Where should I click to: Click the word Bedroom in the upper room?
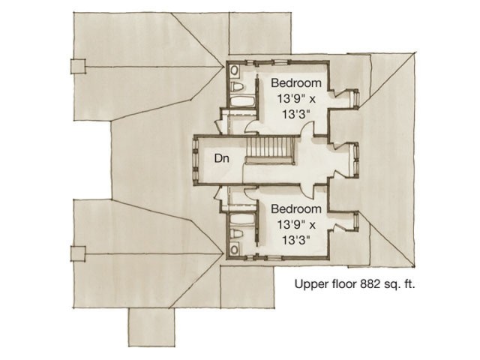pos(296,82)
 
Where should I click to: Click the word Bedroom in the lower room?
pos(296,208)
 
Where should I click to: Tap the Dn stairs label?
pos(221,159)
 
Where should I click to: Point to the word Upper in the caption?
pos(310,284)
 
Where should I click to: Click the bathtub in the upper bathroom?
pos(241,97)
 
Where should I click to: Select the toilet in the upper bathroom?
pos(235,71)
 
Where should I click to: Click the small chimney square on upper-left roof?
pos(79,66)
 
